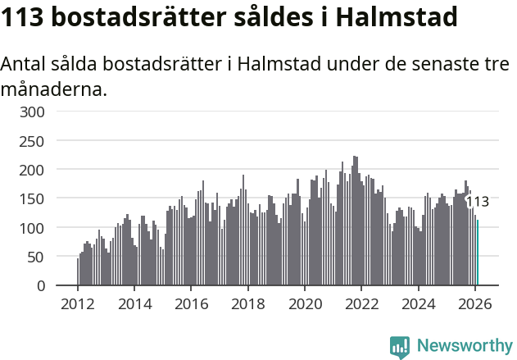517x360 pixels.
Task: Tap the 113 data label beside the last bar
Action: point(477,202)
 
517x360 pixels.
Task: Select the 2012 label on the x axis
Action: point(78,304)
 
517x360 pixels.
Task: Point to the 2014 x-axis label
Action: point(134,304)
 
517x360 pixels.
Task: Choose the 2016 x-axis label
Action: point(191,304)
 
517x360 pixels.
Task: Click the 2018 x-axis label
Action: point(247,304)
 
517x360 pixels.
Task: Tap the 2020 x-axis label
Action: point(305,304)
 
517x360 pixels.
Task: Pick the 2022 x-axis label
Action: point(361,304)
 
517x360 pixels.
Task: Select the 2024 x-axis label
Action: point(418,304)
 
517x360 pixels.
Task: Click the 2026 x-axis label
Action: point(474,304)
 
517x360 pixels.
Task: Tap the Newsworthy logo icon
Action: point(400,347)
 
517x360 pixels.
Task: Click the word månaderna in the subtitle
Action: point(54,89)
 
